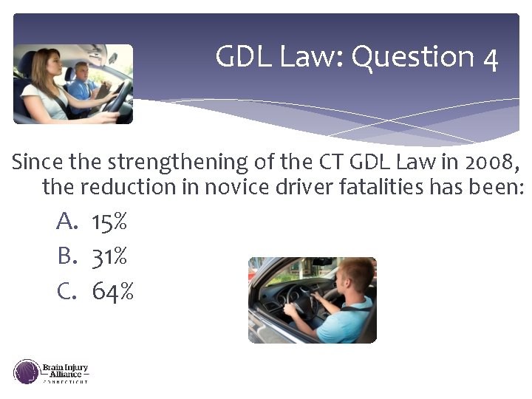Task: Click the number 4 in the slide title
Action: point(490,58)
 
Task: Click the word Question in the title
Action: point(412,57)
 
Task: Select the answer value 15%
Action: point(109,221)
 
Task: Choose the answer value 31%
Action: point(109,256)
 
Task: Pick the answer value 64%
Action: point(112,292)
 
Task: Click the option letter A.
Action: point(66,221)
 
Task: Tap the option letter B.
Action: point(66,256)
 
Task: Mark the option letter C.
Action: point(66,292)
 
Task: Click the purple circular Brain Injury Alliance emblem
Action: point(27,371)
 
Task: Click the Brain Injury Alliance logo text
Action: point(66,371)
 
